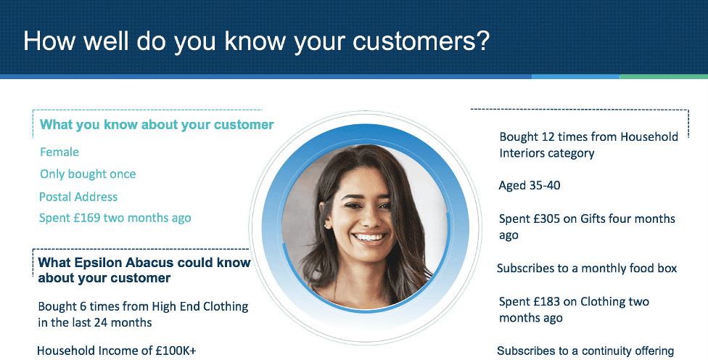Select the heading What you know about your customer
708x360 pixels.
point(157,125)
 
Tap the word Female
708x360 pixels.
point(59,152)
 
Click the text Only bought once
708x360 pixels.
point(88,174)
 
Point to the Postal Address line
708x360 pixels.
point(78,197)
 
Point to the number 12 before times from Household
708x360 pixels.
point(548,137)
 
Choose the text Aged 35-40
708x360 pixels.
point(530,186)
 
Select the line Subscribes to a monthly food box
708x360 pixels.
point(587,269)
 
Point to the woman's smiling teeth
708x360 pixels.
point(369,237)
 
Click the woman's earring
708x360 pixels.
point(325,224)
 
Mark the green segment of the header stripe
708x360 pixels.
point(664,77)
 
